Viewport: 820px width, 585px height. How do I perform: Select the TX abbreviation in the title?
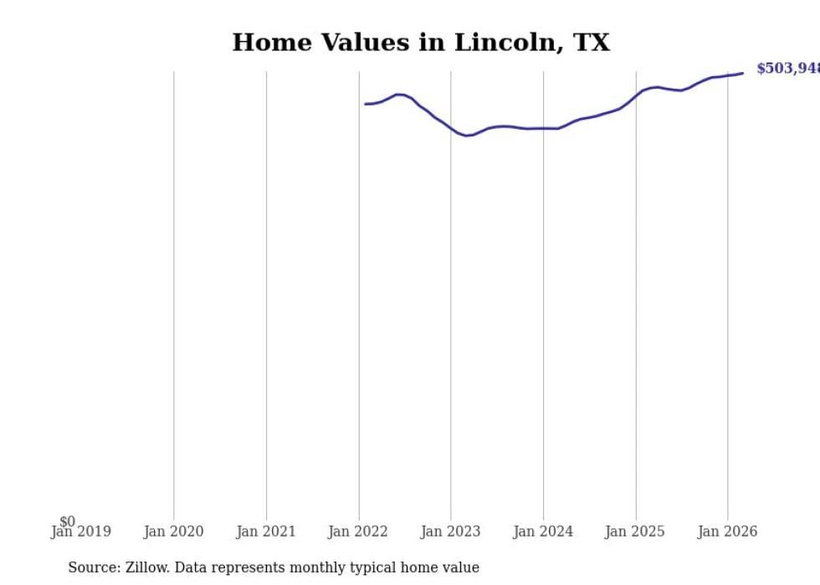591,43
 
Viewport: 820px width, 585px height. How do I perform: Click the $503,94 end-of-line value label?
787,69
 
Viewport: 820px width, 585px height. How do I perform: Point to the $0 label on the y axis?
67,521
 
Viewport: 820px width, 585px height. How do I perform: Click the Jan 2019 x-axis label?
80,531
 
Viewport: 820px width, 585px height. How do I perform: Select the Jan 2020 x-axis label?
173,531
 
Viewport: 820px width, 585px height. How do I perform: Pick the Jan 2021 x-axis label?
266,531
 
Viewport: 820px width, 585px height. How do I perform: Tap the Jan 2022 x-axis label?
358,531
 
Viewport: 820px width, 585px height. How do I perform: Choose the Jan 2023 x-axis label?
451,531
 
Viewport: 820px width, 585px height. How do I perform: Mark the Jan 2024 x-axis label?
543,531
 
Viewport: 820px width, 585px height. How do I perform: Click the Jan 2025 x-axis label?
635,531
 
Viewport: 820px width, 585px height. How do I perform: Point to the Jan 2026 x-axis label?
727,531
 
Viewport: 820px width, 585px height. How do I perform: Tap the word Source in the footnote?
92,567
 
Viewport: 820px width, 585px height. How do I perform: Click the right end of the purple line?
742,74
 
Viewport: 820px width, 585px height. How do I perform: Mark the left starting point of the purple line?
366,104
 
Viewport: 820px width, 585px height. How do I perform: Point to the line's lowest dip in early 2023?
467,135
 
